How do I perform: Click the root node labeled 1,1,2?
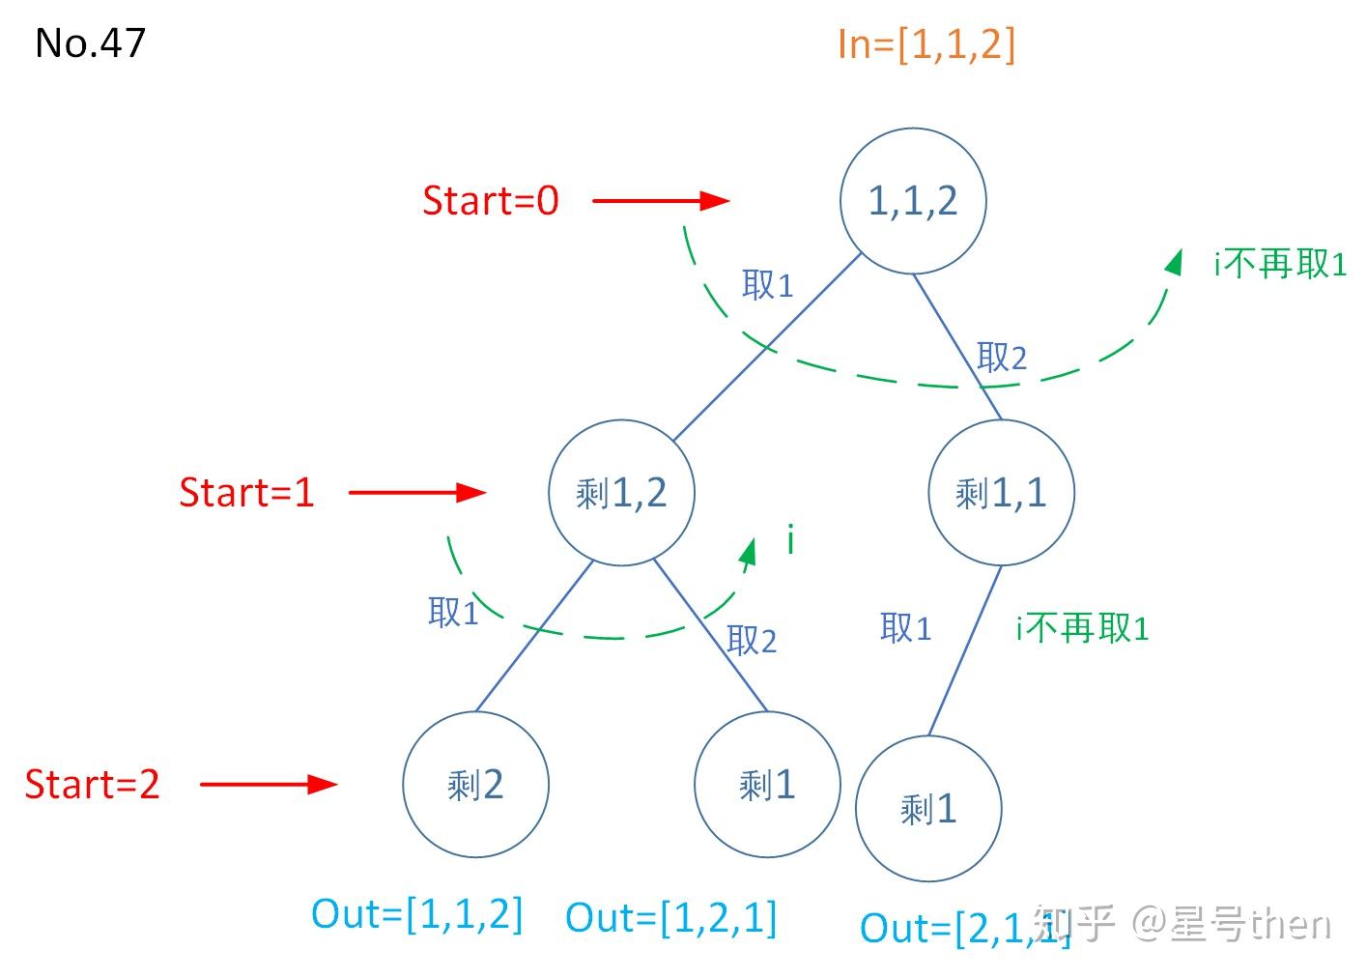pyautogui.click(x=913, y=201)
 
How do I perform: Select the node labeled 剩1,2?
pyautogui.click(x=621, y=493)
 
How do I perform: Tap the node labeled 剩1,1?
pyautogui.click(x=1001, y=493)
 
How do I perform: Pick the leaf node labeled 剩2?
pyautogui.click(x=475, y=785)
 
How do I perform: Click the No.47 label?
pyautogui.click(x=90, y=43)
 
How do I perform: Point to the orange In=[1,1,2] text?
pyautogui.click(x=926, y=44)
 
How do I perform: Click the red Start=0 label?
pyautogui.click(x=491, y=201)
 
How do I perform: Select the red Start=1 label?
pyautogui.click(x=247, y=493)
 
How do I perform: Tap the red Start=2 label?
pyautogui.click(x=93, y=785)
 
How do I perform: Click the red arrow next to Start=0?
pyautogui.click(x=661, y=201)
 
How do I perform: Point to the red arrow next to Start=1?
pyautogui.click(x=417, y=493)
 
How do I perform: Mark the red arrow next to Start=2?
pyautogui.click(x=269, y=785)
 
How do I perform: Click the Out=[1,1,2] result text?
pyautogui.click(x=417, y=914)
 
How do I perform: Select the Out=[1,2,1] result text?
pyautogui.click(x=671, y=918)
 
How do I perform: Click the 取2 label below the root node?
pyautogui.click(x=1001, y=358)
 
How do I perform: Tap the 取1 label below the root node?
pyautogui.click(x=767, y=285)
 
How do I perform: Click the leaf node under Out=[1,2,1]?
pyautogui.click(x=767, y=785)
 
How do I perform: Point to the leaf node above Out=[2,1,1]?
pyautogui.click(x=928, y=809)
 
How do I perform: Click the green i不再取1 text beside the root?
pyautogui.click(x=1280, y=264)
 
